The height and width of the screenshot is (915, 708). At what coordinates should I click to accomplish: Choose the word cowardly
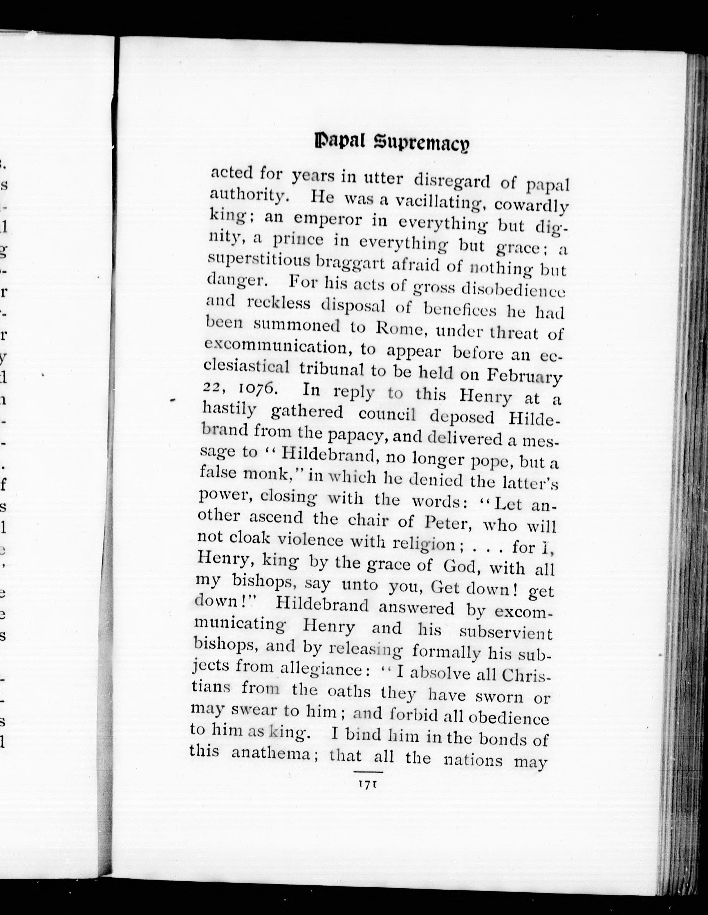coord(531,205)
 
